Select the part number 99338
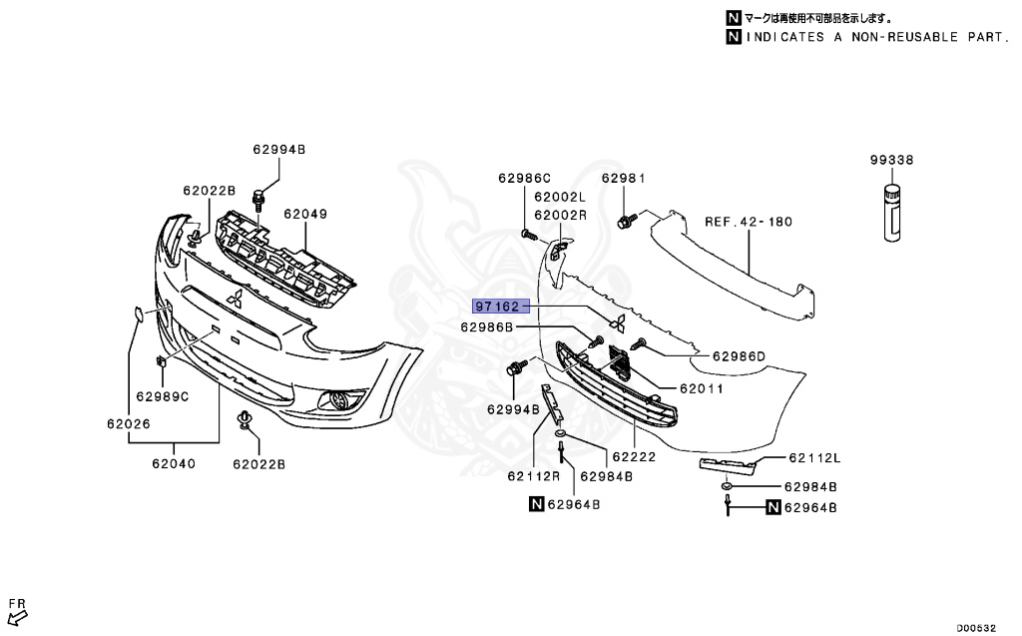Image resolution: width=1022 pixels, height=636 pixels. pyautogui.click(x=891, y=160)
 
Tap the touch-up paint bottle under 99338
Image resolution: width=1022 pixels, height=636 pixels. pyautogui.click(x=891, y=212)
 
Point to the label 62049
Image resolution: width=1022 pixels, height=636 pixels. pyautogui.click(x=304, y=214)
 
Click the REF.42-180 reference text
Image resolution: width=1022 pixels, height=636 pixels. pyautogui.click(x=749, y=222)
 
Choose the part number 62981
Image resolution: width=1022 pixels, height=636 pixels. pyautogui.click(x=624, y=179)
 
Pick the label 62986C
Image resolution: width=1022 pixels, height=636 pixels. pyautogui.click(x=524, y=179)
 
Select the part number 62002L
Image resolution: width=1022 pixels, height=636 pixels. pyautogui.click(x=560, y=198)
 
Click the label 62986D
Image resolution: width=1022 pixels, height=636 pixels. pyautogui.click(x=739, y=355)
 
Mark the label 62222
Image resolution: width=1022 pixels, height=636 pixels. pyautogui.click(x=635, y=457)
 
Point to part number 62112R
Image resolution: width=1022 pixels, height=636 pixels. pyautogui.click(x=534, y=476)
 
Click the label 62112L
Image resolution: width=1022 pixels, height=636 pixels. pyautogui.click(x=814, y=459)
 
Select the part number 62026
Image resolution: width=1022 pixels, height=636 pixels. pyautogui.click(x=129, y=424)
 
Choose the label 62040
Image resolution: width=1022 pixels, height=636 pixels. pyautogui.click(x=174, y=463)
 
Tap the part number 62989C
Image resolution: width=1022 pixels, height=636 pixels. pyautogui.click(x=163, y=396)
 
